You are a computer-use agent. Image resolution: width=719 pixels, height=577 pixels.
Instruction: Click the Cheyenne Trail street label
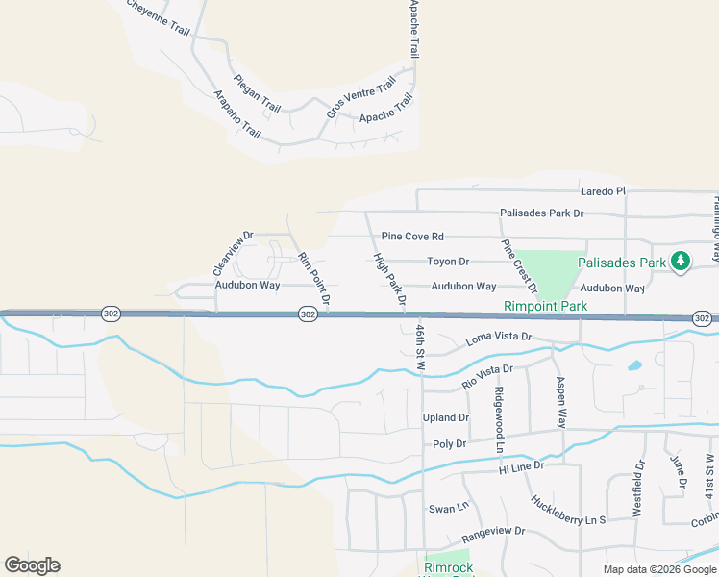157,17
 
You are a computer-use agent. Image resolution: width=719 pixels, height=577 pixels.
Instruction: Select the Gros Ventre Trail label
360,98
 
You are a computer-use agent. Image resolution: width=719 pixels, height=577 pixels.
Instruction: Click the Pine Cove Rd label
412,237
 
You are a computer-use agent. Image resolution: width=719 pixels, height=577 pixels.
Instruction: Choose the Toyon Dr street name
448,262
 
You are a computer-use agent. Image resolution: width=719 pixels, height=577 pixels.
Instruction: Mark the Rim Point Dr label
314,281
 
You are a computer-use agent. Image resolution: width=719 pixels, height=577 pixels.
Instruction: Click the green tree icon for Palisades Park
680,261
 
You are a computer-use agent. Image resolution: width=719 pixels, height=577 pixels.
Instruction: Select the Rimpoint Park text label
545,307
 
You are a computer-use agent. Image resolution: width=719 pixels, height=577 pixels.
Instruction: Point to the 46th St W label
420,343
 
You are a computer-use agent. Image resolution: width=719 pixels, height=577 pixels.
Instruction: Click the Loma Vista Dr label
498,337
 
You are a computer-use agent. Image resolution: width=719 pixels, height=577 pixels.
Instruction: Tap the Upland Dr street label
446,418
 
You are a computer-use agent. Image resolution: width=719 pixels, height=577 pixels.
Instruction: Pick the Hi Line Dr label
521,466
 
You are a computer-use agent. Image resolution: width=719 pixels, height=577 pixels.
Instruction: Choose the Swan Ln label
448,508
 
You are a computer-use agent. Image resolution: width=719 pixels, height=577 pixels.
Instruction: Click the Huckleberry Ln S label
568,509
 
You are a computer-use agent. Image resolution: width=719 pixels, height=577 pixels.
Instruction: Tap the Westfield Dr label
637,489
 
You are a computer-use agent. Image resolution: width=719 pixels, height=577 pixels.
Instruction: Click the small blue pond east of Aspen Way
633,365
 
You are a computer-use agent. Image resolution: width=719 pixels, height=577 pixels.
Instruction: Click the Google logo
32,565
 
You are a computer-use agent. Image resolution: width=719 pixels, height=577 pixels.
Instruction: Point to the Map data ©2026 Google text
659,569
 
